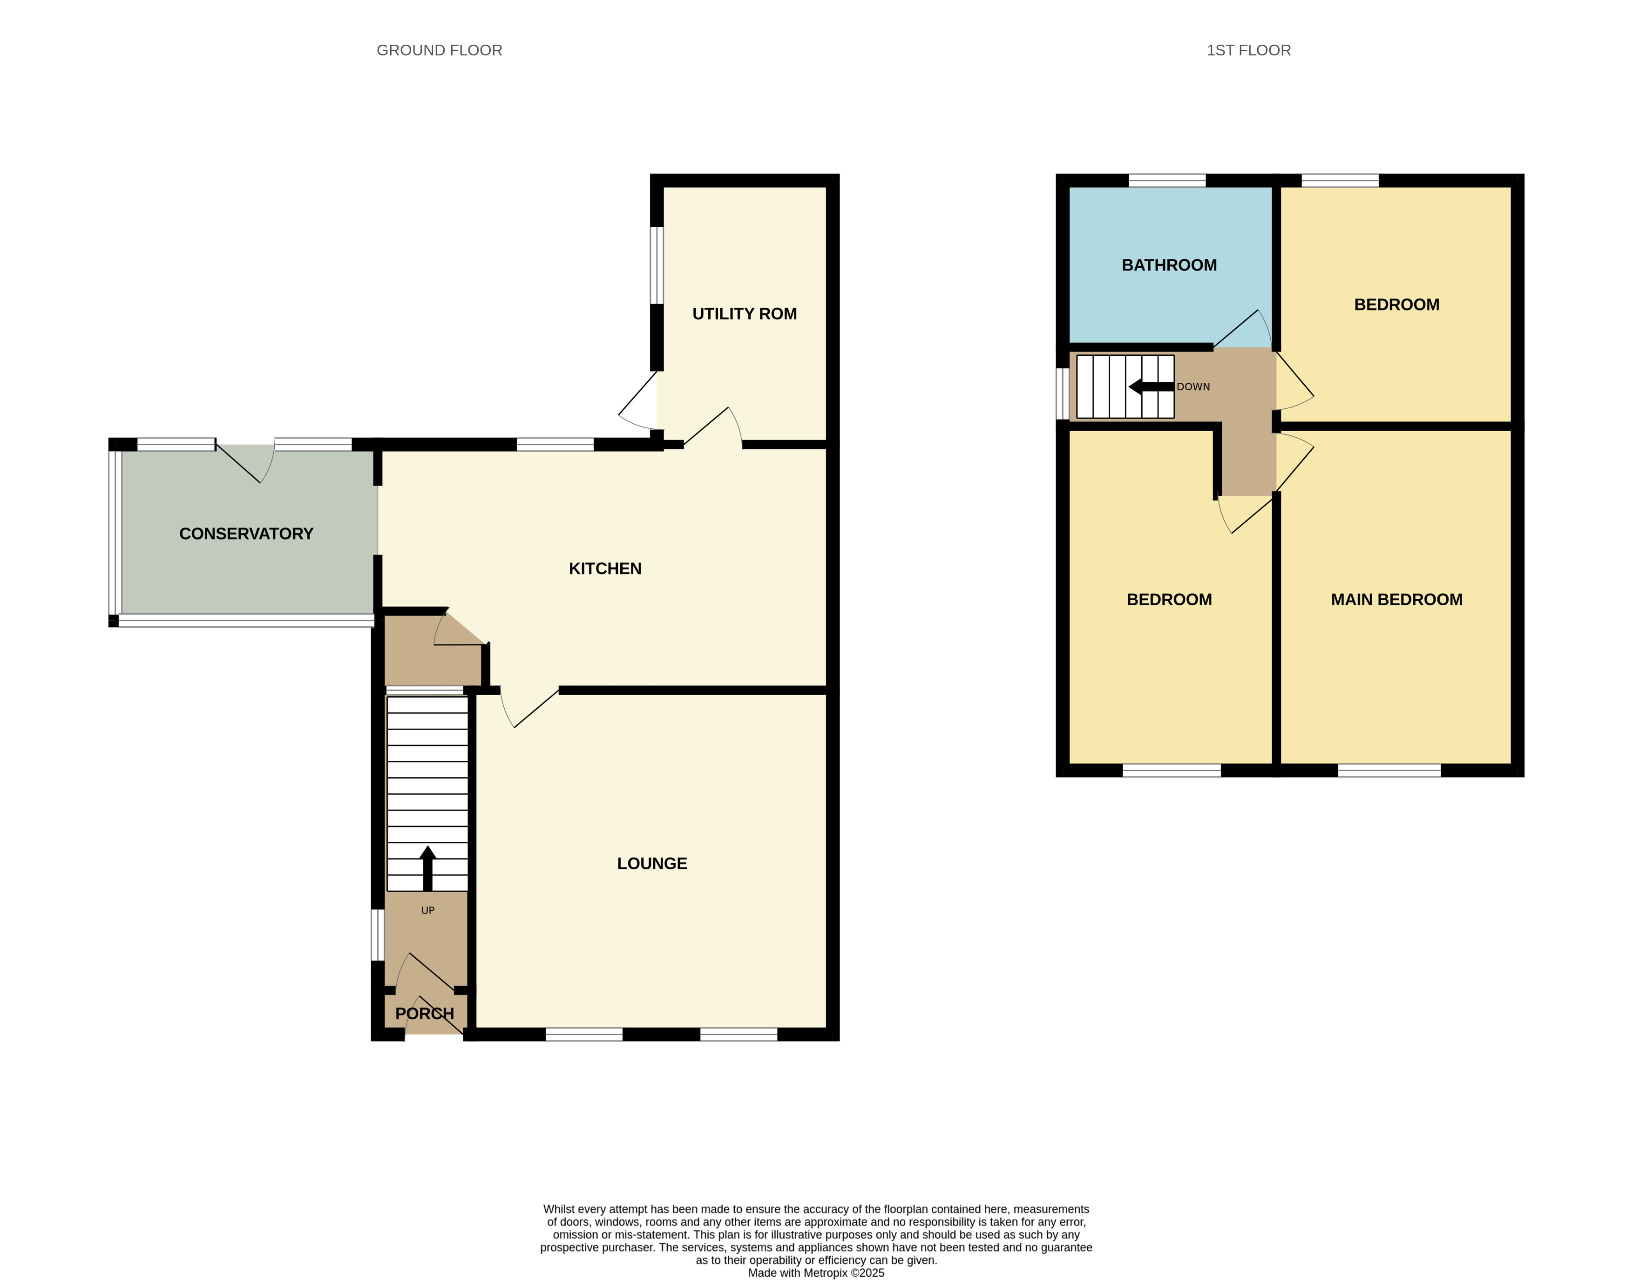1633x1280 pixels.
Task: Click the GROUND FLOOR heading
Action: pyautogui.click(x=439, y=50)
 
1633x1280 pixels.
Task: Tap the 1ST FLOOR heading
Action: pyautogui.click(x=1248, y=50)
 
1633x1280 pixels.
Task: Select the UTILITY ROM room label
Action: pyautogui.click(x=744, y=314)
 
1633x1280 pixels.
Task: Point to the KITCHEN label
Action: pyautogui.click(x=605, y=569)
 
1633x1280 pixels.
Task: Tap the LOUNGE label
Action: pyautogui.click(x=652, y=863)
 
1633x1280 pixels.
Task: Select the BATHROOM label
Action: pyautogui.click(x=1169, y=265)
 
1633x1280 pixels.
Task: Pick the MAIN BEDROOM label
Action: pyautogui.click(x=1396, y=600)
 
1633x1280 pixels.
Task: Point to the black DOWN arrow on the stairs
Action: pyautogui.click(x=1151, y=386)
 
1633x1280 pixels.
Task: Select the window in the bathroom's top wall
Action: pyautogui.click(x=1167, y=180)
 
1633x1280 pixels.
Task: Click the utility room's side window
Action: pyautogui.click(x=657, y=265)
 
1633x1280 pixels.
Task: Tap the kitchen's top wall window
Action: pyautogui.click(x=556, y=444)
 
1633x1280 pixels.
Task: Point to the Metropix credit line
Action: pyautogui.click(x=816, y=1273)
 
